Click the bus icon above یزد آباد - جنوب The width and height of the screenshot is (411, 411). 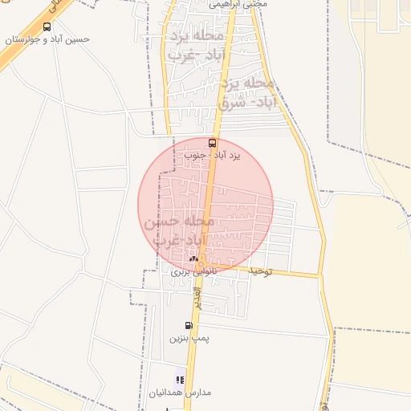[212, 143]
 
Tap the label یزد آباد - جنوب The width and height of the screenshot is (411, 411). [213, 154]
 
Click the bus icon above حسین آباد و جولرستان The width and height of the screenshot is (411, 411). [47, 26]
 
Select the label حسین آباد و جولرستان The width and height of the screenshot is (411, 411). [47, 39]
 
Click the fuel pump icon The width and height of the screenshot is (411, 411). [189, 325]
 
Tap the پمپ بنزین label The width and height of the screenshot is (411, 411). [189, 338]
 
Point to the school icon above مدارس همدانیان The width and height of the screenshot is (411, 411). [181, 380]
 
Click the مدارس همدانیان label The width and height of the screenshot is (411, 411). [180, 393]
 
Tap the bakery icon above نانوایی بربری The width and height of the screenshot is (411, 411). [193, 259]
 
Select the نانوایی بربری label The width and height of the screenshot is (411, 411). [193, 272]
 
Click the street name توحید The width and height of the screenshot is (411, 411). [261, 271]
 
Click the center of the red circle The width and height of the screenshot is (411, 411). [205, 205]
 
